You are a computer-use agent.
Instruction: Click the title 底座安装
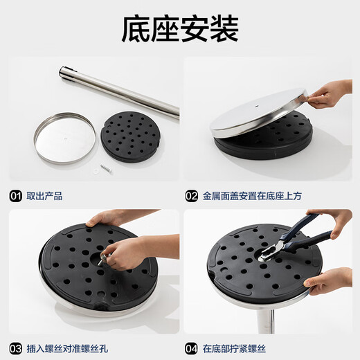[x=179, y=29]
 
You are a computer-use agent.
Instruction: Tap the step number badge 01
[x=16, y=196]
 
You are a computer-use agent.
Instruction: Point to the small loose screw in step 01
[x=105, y=167]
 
